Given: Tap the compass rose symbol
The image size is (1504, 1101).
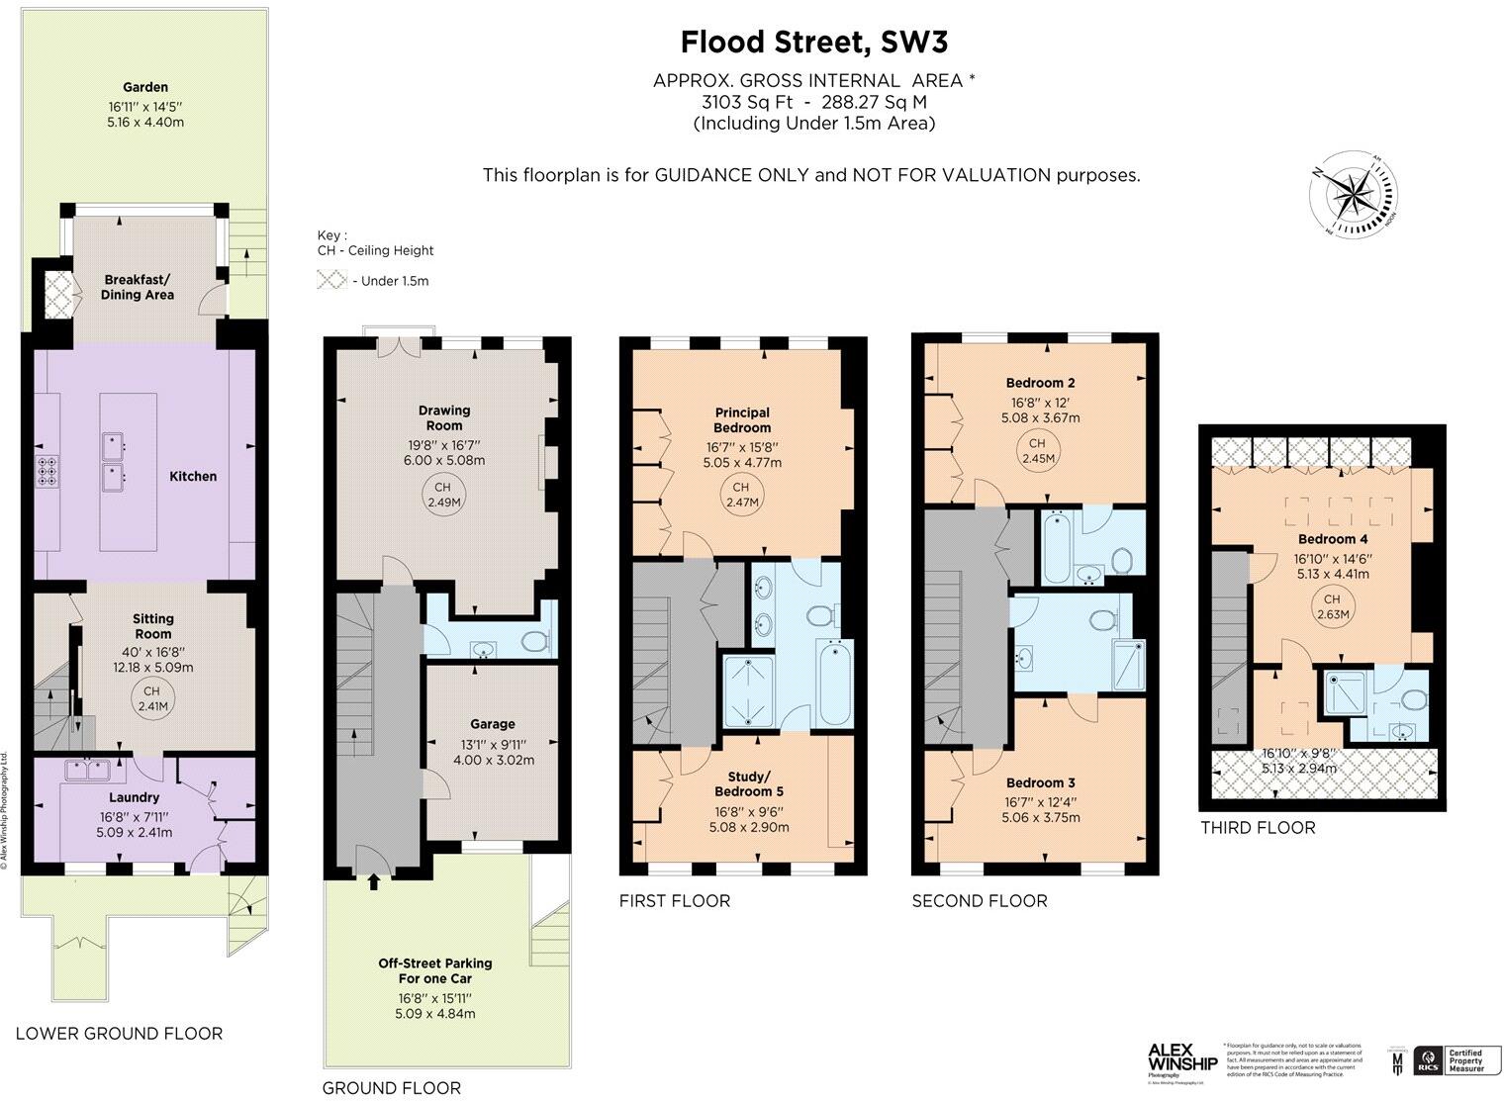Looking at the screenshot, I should click(1353, 195).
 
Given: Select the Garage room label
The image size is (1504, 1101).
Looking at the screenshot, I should click(492, 724).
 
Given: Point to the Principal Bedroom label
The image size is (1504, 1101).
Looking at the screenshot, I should click(742, 420).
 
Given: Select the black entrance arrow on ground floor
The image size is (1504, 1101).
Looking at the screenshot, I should click(373, 880).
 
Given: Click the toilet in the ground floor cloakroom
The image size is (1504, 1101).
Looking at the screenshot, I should click(534, 641).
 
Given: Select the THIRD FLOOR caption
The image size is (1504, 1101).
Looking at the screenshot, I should click(1258, 828).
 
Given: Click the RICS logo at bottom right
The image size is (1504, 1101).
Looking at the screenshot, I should click(1429, 1061).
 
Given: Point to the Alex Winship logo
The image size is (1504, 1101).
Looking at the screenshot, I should click(1181, 1058).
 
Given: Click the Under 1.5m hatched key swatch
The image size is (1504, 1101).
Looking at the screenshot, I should click(331, 280).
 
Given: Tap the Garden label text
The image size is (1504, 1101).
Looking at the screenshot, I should click(145, 87).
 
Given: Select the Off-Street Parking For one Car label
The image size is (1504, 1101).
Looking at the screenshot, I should click(434, 970).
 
